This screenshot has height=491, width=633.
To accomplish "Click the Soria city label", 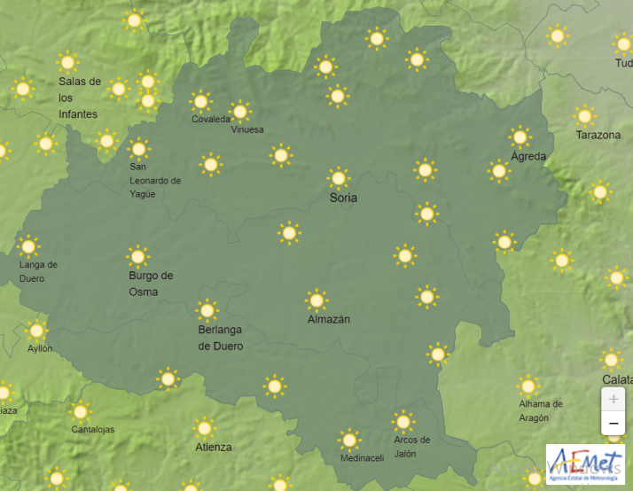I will [343, 198].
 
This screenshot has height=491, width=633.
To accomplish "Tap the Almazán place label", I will [328, 319].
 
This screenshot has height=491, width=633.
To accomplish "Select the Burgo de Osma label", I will [151, 284].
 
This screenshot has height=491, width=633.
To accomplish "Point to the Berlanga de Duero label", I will [220, 338].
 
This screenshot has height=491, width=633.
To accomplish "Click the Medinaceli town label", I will [362, 458].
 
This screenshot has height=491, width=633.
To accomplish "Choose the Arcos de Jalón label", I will [411, 447].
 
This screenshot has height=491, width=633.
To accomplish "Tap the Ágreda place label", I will [528, 157].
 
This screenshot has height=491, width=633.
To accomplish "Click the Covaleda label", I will [211, 120].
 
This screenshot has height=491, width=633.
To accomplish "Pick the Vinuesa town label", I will [247, 129].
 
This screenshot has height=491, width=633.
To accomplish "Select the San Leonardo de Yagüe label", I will [154, 180].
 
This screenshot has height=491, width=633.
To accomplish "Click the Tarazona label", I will [598, 136].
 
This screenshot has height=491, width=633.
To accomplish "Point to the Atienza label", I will [214, 448].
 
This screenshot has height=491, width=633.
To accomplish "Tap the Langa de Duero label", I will [38, 271].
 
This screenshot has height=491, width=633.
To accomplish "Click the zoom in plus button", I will [613, 399].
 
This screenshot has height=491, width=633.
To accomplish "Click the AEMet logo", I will [584, 465].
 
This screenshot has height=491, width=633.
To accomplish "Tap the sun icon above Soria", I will [338, 178].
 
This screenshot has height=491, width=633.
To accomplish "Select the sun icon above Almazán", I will [316, 300].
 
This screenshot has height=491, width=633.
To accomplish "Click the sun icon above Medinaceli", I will [349, 440].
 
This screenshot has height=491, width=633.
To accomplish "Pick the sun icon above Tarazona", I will [584, 116].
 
